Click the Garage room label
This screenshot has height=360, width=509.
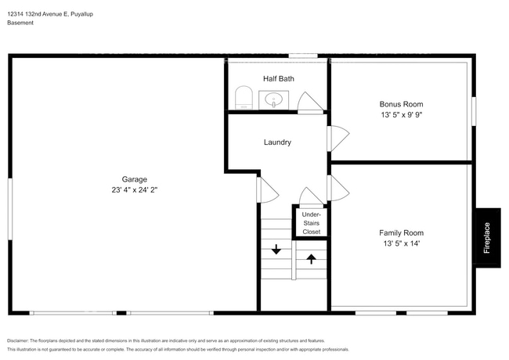click(x=135, y=179)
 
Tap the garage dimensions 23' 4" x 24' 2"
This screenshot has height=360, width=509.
click(x=135, y=190)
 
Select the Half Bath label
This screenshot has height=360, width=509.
click(x=279, y=79)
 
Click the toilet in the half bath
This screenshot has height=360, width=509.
click(x=244, y=97)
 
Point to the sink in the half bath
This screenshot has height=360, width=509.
click(x=273, y=100)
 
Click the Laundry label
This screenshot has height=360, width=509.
click(x=277, y=142)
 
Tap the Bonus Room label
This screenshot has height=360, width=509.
click(x=401, y=104)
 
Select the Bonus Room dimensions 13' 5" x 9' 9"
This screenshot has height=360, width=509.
click(x=401, y=115)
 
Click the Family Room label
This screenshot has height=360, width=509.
click(x=401, y=233)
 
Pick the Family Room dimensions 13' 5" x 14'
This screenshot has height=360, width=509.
click(x=401, y=243)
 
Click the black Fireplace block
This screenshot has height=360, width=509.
click(x=488, y=238)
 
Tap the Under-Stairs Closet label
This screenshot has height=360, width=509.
click(x=312, y=223)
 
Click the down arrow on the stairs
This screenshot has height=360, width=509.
click(x=276, y=249)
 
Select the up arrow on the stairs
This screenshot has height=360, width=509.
click(x=312, y=259)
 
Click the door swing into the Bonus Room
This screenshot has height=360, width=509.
click(x=338, y=139)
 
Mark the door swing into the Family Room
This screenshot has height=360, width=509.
click(x=338, y=188)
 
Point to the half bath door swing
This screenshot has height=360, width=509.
click(x=310, y=103)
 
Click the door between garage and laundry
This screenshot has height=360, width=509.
click(x=268, y=190)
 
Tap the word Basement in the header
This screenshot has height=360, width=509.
click(x=20, y=23)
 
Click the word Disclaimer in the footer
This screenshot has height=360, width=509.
click(x=17, y=340)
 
